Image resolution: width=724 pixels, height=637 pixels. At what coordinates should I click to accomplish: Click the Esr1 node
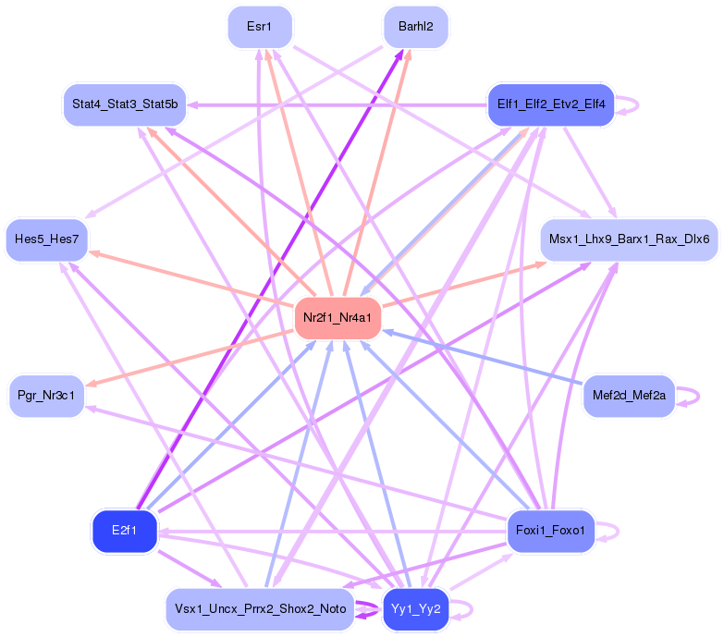pyautogui.click(x=259, y=27)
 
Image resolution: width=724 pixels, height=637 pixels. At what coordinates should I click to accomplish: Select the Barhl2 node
pyautogui.click(x=416, y=27)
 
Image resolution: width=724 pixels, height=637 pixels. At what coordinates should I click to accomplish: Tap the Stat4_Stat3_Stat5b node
pyautogui.click(x=125, y=104)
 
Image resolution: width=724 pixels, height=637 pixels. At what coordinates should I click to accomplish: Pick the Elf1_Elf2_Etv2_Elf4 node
pyautogui.click(x=551, y=104)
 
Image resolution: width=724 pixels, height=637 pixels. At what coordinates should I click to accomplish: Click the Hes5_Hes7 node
pyautogui.click(x=46, y=239)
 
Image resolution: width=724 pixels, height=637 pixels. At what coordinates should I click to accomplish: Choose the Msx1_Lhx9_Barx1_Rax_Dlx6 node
pyautogui.click(x=629, y=239)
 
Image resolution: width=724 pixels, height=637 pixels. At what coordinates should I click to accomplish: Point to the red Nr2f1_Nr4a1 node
pyautogui.click(x=337, y=318)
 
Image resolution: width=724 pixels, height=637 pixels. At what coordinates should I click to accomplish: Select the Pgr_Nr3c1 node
pyautogui.click(x=46, y=397)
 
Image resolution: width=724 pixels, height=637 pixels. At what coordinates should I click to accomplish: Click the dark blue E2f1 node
pyautogui.click(x=124, y=531)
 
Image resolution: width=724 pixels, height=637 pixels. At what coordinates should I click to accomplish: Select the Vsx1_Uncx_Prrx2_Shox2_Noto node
pyautogui.click(x=260, y=609)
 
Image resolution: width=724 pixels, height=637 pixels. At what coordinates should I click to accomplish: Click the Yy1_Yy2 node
pyautogui.click(x=416, y=609)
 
